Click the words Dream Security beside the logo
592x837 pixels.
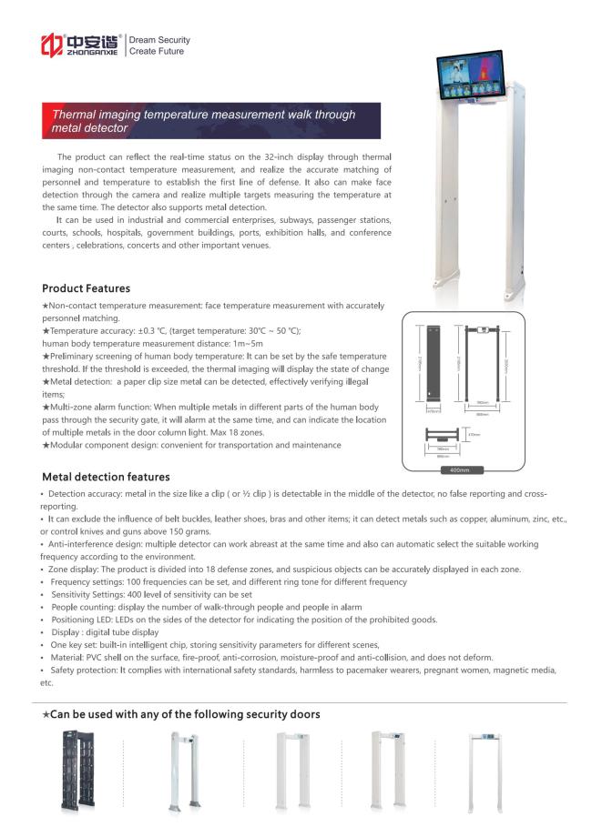(x=159, y=40)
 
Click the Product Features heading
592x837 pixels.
(x=86, y=288)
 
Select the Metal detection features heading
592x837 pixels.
(x=106, y=477)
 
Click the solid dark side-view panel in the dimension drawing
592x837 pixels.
(x=434, y=363)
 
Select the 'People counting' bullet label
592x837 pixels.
(x=83, y=606)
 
